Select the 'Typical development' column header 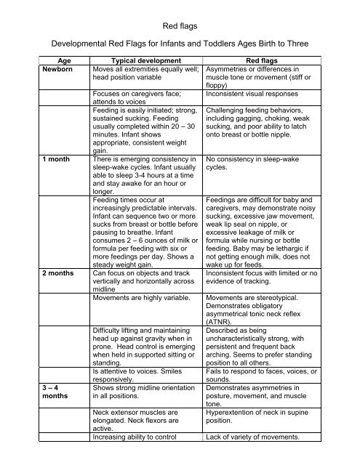[x=140, y=62]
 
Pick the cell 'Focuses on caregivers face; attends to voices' [x=136, y=99]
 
